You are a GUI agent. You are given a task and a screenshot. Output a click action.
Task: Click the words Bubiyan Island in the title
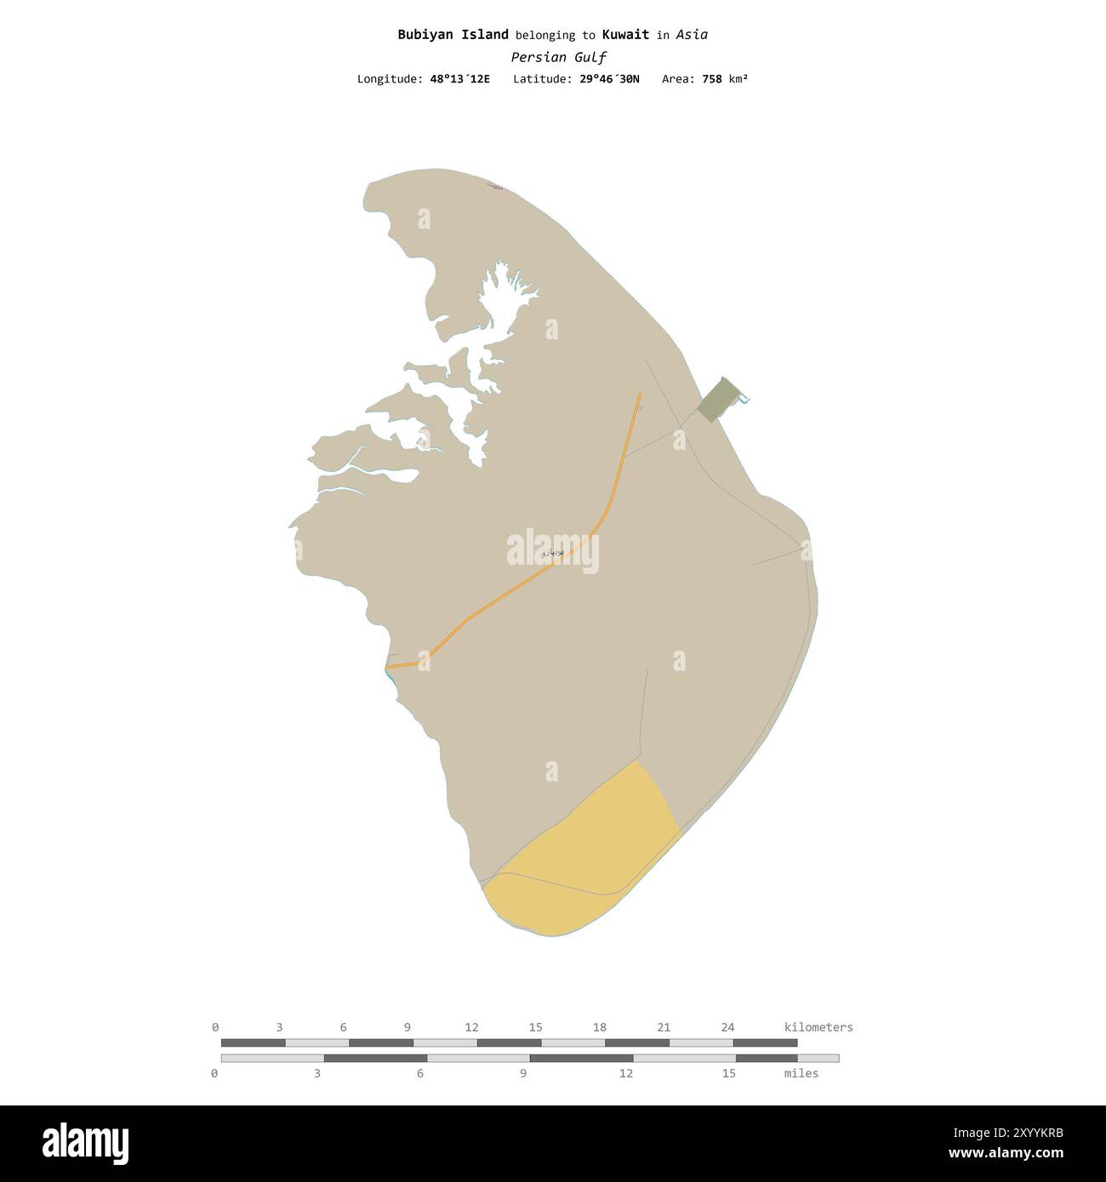(453, 35)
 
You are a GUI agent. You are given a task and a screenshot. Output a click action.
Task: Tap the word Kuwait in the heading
(625, 35)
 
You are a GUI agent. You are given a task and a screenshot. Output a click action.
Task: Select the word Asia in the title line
(692, 35)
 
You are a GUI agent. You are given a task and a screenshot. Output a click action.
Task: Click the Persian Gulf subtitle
(558, 58)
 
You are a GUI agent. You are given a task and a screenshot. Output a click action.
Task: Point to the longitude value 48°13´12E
(459, 79)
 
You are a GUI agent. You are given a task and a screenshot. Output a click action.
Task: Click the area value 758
(711, 79)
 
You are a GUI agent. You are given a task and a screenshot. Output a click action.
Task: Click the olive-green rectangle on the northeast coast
(717, 400)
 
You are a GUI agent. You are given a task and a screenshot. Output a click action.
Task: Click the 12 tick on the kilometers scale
(471, 1027)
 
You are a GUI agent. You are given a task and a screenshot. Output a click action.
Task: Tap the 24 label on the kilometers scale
(727, 1027)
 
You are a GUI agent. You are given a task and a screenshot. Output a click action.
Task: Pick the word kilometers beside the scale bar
(818, 1027)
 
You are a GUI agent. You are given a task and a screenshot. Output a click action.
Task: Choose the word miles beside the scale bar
(801, 1073)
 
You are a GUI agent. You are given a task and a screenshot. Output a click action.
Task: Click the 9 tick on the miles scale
(523, 1073)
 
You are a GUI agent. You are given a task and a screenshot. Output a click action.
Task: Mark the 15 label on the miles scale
(728, 1073)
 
